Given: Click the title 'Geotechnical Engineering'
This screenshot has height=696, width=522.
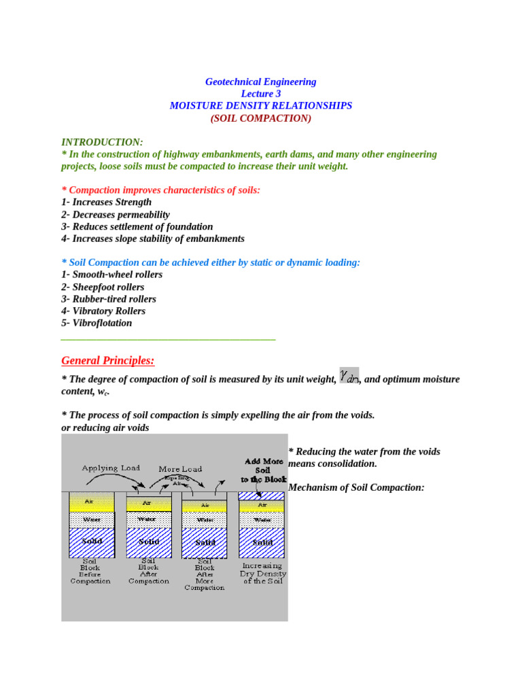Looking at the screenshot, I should [x=261, y=82].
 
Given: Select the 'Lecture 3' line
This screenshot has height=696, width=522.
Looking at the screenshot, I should [x=261, y=94].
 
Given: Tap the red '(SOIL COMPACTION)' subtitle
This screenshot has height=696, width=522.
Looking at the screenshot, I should [x=261, y=118].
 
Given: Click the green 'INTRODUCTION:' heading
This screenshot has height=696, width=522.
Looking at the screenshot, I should [x=102, y=142].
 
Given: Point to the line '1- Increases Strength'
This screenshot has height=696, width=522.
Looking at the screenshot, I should [x=107, y=202].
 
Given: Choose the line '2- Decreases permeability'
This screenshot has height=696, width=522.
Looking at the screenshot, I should [x=116, y=214].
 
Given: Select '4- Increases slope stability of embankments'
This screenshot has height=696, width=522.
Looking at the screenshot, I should [x=153, y=239].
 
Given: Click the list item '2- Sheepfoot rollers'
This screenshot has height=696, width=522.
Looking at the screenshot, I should [x=103, y=287].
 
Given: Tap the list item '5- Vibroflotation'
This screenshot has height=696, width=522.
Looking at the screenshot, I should [x=97, y=323].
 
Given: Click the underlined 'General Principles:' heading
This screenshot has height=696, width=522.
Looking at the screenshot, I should [x=108, y=360].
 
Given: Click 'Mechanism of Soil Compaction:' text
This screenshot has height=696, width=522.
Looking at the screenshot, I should [x=356, y=487].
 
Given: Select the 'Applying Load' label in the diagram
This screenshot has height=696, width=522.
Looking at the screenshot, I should [x=111, y=468].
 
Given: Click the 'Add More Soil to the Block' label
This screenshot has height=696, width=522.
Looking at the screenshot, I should [x=264, y=470].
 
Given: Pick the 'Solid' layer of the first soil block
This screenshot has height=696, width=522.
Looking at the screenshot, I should [x=92, y=542].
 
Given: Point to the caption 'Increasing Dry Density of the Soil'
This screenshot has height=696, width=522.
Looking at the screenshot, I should [x=262, y=573].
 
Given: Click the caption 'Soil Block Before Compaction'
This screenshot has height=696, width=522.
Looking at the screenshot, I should [x=90, y=572].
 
